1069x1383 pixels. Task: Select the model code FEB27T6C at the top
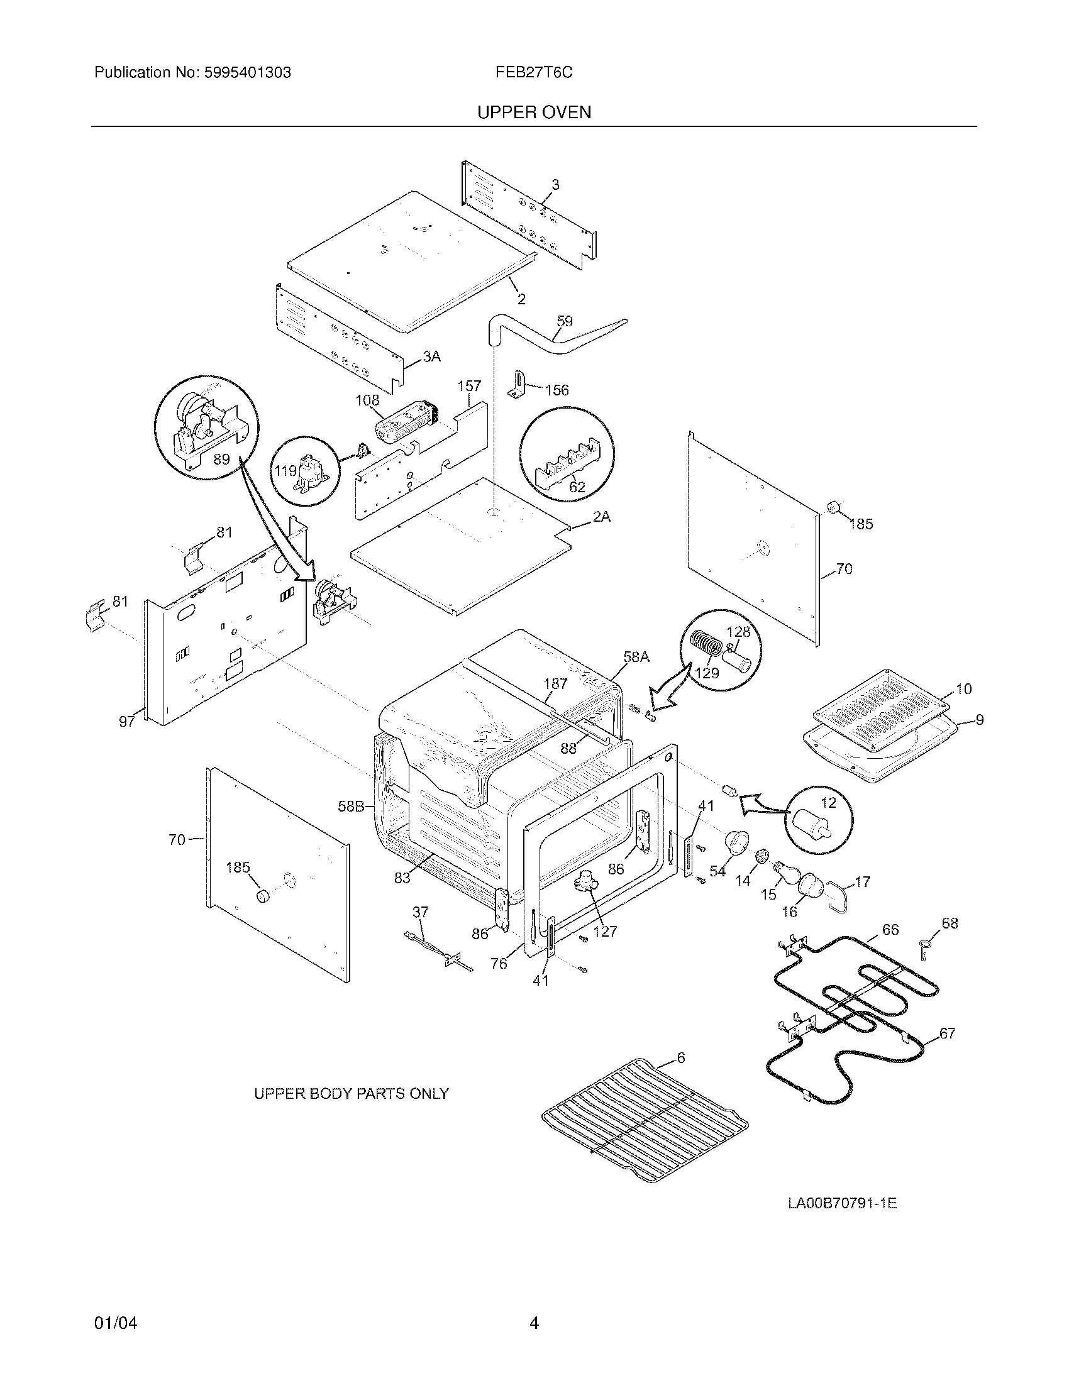pos(534,73)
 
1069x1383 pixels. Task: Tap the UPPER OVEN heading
pos(534,113)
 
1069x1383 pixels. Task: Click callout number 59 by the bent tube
pos(563,321)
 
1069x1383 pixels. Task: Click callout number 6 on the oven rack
pos(681,1058)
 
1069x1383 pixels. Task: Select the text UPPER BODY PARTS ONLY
pos(351,1094)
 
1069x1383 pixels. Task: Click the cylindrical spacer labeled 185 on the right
pos(834,507)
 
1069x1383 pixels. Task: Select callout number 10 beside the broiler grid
pos(963,689)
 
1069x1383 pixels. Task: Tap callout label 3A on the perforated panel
pos(431,357)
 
